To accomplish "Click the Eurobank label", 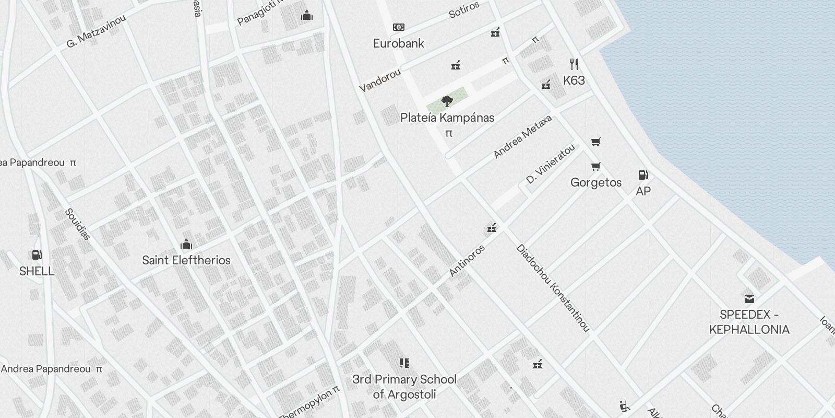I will point(399,43).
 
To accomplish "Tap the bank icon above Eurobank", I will point(399,27).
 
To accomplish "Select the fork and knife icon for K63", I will point(574,64).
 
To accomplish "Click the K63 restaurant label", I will point(574,80).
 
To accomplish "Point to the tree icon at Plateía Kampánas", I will point(447,101).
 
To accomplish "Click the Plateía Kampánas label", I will point(447,118).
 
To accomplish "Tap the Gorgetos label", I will point(596,182).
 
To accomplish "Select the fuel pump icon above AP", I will point(643,175).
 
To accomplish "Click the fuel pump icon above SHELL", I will point(37,255).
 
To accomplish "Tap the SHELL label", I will point(37,271).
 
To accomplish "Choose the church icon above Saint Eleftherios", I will point(186,244).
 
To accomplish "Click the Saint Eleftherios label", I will point(186,260).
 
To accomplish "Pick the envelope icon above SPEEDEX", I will point(749,298).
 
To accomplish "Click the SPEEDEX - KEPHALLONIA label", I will point(749,322).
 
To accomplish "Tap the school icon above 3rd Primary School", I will point(404,363).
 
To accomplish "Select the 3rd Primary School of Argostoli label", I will point(404,387).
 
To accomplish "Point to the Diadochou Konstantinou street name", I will point(553,288).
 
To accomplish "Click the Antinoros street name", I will point(467,260).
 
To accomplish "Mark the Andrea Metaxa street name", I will point(522,137).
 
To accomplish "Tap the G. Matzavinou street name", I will point(97,31).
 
